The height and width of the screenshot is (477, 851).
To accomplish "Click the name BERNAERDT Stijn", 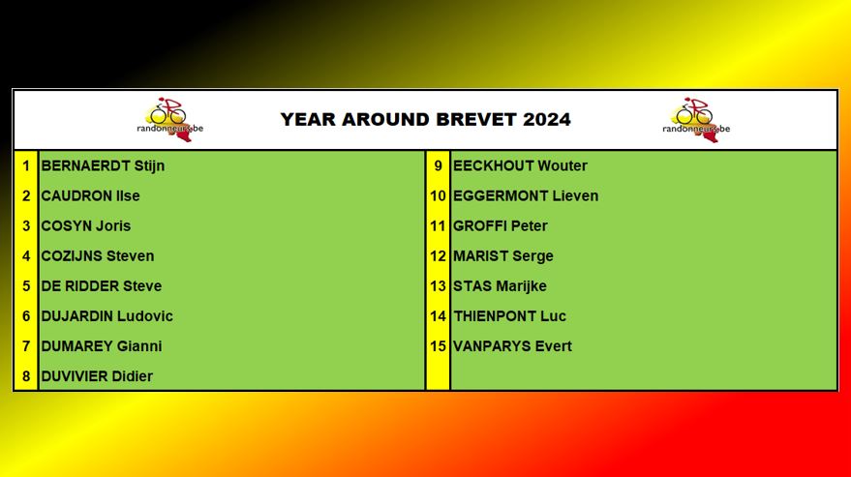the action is pyautogui.click(x=103, y=165).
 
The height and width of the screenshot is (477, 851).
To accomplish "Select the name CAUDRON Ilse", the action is pyautogui.click(x=90, y=195).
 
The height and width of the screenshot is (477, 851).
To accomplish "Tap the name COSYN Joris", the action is pyautogui.click(x=86, y=225).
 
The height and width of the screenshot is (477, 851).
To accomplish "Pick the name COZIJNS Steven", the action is pyautogui.click(x=98, y=255).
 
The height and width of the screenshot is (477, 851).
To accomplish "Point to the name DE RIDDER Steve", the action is pyautogui.click(x=102, y=286).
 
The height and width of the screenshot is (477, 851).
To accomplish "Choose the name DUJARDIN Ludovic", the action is pyautogui.click(x=106, y=315).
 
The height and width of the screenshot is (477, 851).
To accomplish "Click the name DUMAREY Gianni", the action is pyautogui.click(x=102, y=345).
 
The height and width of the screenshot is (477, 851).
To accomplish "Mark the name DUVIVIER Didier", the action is pyautogui.click(x=97, y=376).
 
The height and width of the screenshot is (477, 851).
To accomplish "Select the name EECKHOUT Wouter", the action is pyautogui.click(x=520, y=165).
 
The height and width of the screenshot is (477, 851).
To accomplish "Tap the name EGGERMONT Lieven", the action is pyautogui.click(x=526, y=195).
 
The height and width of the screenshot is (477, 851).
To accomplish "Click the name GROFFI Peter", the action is pyautogui.click(x=500, y=225).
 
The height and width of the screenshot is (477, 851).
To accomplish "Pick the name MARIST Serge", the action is pyautogui.click(x=503, y=256).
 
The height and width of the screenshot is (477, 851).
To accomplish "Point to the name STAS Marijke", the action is pyautogui.click(x=500, y=286).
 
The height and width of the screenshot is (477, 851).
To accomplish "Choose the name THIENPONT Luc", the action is pyautogui.click(x=509, y=315).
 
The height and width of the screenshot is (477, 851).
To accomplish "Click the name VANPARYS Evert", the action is pyautogui.click(x=512, y=345).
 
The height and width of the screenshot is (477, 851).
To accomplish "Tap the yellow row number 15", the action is pyautogui.click(x=438, y=345).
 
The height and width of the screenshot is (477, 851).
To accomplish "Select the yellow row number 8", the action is pyautogui.click(x=26, y=376).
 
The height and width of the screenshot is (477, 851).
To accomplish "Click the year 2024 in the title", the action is pyautogui.click(x=547, y=119).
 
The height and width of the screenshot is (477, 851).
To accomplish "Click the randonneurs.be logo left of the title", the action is pyautogui.click(x=169, y=120).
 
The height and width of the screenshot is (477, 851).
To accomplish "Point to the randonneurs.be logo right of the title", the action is pyautogui.click(x=696, y=120).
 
